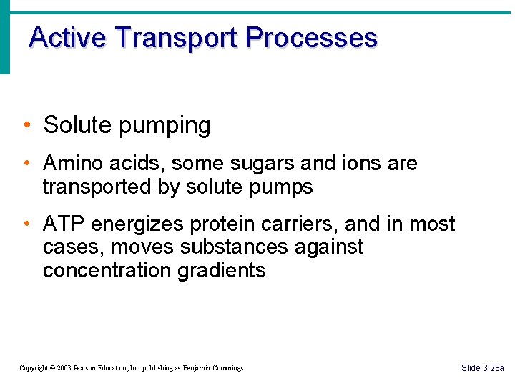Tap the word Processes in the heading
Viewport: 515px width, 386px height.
click(x=311, y=37)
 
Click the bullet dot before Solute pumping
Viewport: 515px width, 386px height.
click(x=26, y=126)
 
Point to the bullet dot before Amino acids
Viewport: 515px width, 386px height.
click(x=26, y=164)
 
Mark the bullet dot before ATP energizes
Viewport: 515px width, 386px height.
click(x=26, y=224)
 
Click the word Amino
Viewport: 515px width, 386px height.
click(x=70, y=163)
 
